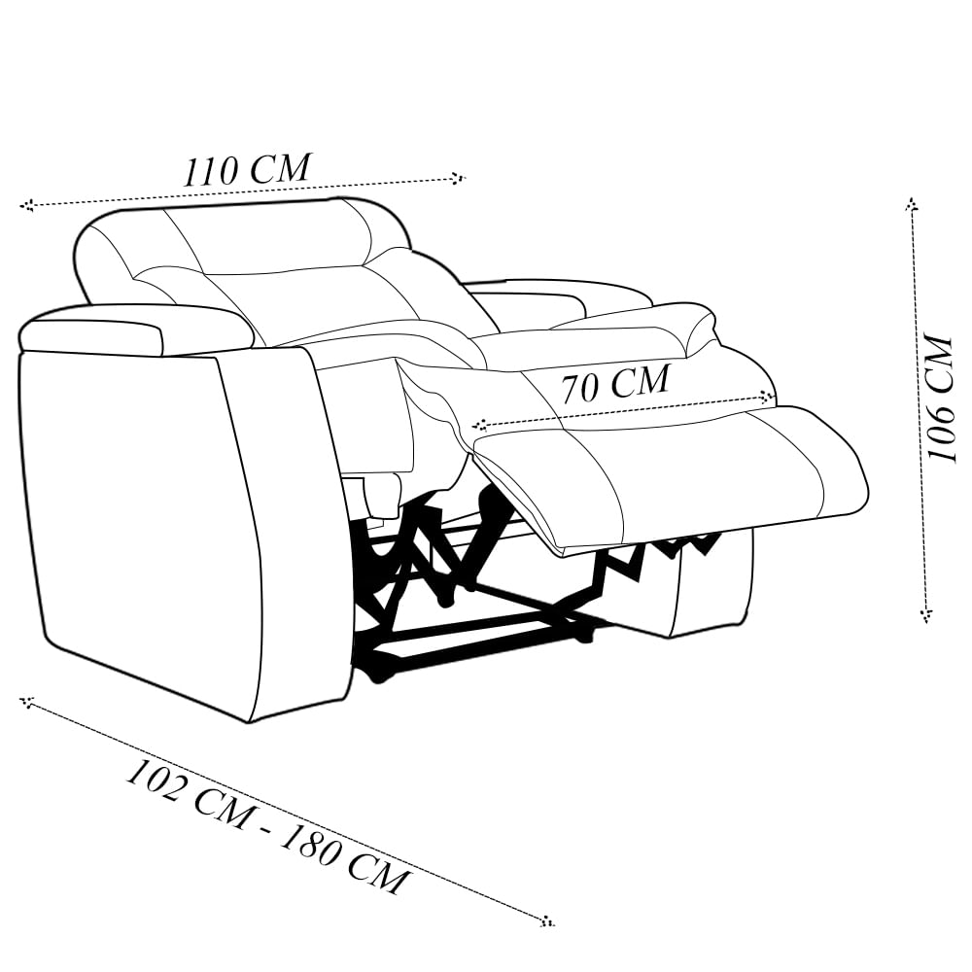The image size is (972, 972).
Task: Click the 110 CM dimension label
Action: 247,169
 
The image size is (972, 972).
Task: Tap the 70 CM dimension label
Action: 615,383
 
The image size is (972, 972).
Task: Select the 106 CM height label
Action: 940,399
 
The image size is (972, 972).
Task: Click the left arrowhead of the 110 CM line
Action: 27,205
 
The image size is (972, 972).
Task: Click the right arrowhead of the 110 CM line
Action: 459,178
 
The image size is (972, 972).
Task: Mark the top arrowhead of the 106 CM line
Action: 911,204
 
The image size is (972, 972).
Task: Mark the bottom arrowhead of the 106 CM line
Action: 925,614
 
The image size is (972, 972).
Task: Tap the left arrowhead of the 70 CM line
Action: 479,424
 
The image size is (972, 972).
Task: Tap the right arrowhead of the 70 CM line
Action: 769,397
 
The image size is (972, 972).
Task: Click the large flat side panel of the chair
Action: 146,525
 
